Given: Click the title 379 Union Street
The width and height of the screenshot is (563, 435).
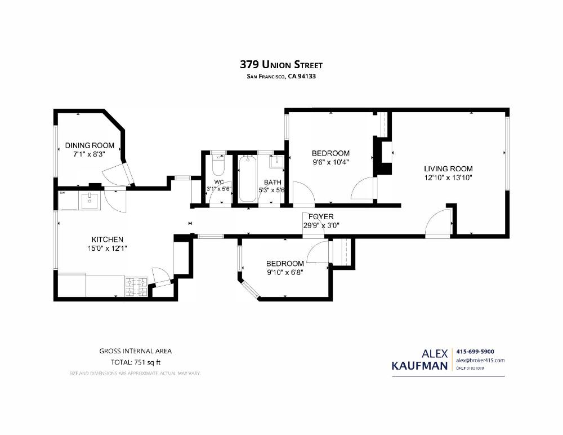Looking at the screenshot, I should tap(281, 65).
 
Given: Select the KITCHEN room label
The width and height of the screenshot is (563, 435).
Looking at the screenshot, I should tap(108, 239).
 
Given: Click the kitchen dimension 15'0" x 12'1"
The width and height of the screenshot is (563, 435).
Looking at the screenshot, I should tap(108, 248).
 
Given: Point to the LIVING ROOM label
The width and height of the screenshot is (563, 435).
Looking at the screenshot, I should tap(448, 168).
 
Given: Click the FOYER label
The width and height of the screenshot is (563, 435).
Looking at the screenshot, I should tap(321, 216).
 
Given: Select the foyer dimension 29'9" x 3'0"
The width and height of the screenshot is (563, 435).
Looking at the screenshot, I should tap(321, 225).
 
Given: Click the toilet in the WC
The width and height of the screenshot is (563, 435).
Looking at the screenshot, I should tap(218, 166).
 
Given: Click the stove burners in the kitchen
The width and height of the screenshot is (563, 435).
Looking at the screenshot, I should tap(136, 286).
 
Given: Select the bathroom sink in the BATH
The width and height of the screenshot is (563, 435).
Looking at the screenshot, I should tap(276, 162).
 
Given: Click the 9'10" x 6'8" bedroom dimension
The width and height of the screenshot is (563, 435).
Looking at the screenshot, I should tap(285, 272).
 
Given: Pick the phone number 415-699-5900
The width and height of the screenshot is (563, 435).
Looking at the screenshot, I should tap(475, 352).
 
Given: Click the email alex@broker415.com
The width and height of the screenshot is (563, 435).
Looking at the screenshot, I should tap(480, 360).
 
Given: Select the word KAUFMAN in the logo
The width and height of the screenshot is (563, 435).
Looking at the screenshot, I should tap(420, 366).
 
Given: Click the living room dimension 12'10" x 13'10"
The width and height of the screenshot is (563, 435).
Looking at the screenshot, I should tap(448, 177).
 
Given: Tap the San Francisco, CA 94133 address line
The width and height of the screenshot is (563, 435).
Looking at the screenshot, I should tap(281, 77).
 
